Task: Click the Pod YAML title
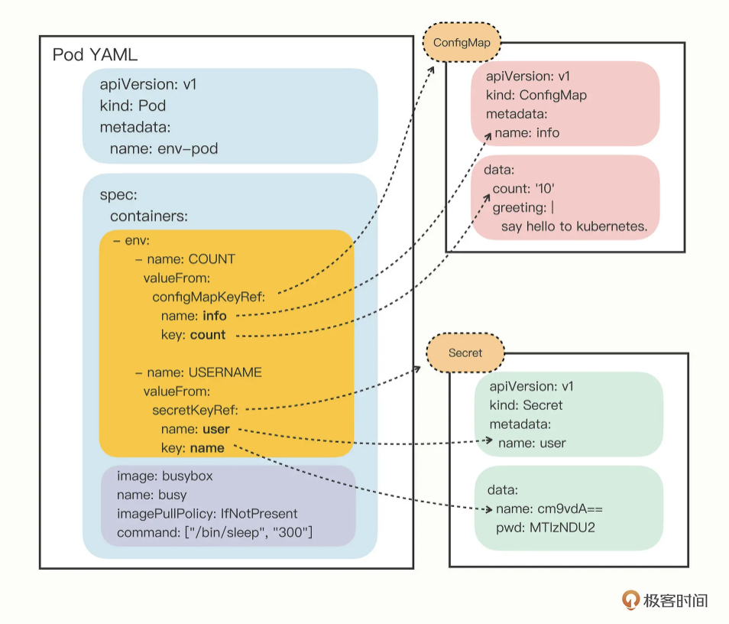(95, 55)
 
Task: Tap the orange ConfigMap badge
(462, 42)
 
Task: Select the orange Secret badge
(465, 353)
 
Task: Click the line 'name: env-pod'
(164, 148)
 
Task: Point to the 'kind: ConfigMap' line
(536, 96)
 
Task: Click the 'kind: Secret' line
(526, 405)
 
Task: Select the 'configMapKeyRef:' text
(209, 297)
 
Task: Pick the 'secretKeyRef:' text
(200, 410)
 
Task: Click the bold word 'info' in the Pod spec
(214, 316)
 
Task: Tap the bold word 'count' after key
(208, 335)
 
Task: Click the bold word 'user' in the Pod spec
(216, 429)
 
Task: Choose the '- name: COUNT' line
(185, 259)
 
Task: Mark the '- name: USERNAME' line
(198, 372)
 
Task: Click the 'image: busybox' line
(164, 476)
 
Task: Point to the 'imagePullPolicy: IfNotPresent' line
(207, 513)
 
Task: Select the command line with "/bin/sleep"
(215, 532)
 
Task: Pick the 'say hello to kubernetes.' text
(574, 226)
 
